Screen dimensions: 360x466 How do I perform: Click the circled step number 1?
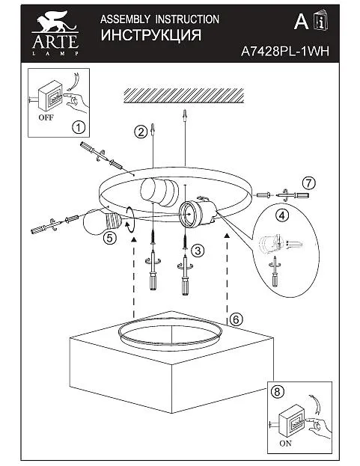coord(79,128)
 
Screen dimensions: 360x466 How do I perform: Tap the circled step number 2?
coord(140,132)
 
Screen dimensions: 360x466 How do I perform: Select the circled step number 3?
coord(198,251)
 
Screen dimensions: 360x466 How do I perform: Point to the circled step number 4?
coord(282,215)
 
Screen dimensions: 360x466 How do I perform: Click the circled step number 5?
coord(110,238)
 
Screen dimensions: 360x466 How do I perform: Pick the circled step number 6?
coord(236,319)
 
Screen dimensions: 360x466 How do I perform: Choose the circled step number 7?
coord(309,183)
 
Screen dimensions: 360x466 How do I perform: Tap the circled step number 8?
coord(277,392)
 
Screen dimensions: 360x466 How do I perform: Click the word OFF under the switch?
coord(46,117)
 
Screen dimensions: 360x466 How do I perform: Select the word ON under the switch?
coord(286,443)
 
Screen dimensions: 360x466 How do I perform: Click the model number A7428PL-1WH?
coord(285,52)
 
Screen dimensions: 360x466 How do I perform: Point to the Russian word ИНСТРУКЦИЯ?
coord(151,35)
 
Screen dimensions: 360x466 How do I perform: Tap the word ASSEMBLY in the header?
coord(125,19)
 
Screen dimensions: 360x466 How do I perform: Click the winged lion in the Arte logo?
coord(55,22)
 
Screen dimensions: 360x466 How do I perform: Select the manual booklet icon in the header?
coord(321,20)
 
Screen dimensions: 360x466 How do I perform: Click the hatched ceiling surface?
coord(183,96)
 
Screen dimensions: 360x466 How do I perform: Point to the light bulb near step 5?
coord(102,221)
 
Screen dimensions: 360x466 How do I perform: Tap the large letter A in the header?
coord(301,22)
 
